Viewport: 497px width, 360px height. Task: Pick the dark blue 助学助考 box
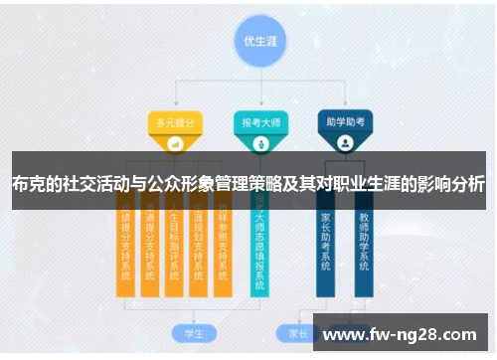point(344,123)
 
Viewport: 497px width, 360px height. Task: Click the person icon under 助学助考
point(344,143)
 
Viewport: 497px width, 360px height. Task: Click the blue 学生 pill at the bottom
point(181,331)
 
